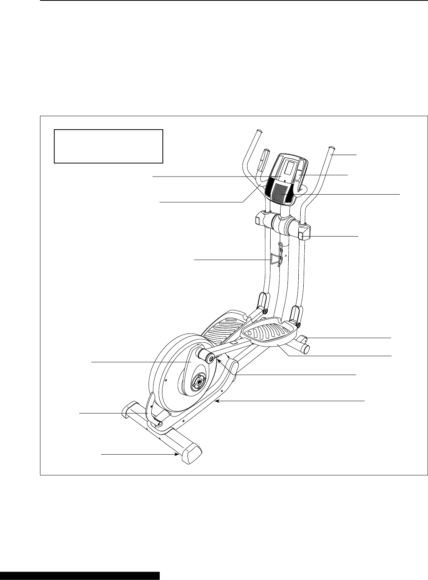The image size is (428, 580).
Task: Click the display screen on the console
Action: [x=289, y=168]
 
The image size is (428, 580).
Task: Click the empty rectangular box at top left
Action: [x=109, y=147]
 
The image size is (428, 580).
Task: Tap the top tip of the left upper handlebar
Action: [x=258, y=131]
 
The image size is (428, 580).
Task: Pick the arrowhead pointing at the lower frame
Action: [x=217, y=401]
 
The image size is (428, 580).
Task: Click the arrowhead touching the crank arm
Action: [x=217, y=360]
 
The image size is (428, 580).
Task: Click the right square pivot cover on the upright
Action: [x=304, y=233]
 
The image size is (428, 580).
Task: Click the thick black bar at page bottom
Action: [x=80, y=576]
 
